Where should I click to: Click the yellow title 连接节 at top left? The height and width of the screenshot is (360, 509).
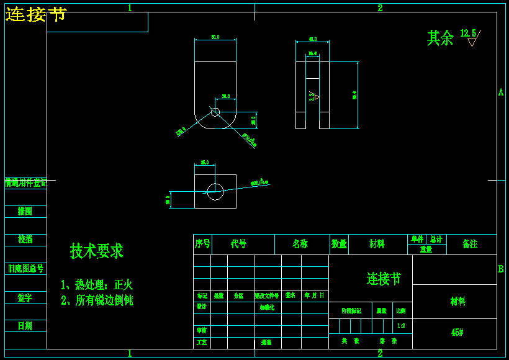point(36,14)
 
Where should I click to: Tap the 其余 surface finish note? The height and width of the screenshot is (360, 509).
point(440,38)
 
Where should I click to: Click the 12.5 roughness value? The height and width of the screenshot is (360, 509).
point(468,33)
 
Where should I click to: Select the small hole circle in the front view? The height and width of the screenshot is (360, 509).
point(215,112)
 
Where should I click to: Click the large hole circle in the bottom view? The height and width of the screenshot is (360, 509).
point(215,191)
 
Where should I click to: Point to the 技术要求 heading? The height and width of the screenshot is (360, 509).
point(96,251)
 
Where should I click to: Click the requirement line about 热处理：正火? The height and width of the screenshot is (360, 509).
point(97,285)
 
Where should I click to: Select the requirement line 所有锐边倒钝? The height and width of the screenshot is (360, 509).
point(97,300)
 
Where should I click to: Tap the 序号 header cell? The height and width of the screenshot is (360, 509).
point(202,244)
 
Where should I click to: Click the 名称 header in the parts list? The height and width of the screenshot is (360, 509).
point(300,244)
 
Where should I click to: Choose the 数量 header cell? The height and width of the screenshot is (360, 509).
point(339,244)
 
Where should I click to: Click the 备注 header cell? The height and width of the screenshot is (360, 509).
point(470,244)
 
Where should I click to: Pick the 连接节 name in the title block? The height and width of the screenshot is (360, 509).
point(383,279)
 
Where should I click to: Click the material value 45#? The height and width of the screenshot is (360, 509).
point(457,333)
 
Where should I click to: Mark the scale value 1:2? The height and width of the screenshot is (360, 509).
point(401,325)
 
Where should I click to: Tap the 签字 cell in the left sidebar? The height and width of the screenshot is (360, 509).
point(25,298)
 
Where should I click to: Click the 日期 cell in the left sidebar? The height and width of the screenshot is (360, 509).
point(25,326)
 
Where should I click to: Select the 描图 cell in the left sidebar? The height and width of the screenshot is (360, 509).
point(25,212)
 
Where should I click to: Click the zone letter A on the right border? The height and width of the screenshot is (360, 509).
point(501,92)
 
